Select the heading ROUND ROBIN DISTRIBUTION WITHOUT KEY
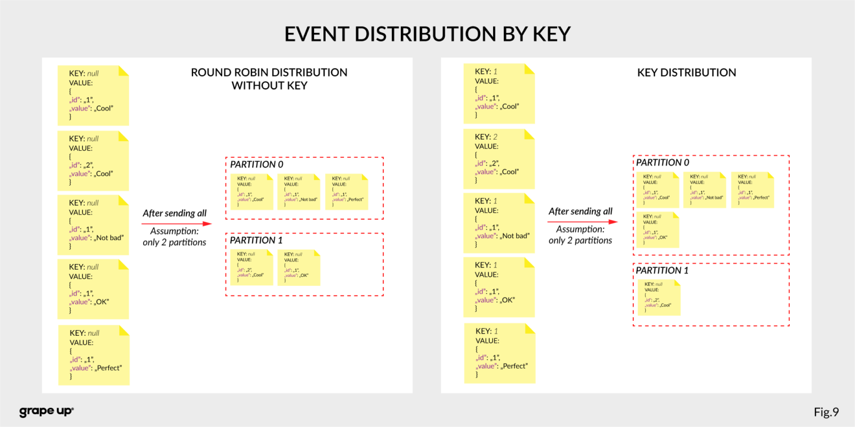269,79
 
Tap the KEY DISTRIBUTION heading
686,72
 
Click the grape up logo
46,411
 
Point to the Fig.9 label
825,412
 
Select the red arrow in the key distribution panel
582,222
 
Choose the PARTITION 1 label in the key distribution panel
662,270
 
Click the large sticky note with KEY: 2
499,159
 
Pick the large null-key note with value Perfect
94,355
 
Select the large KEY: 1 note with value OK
499,287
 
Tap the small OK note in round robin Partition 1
298,267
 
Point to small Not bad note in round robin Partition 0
298,192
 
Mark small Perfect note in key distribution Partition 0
752,190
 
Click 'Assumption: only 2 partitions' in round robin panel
174,236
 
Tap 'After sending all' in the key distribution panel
580,211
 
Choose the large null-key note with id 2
93,161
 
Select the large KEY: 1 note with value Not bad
499,223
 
